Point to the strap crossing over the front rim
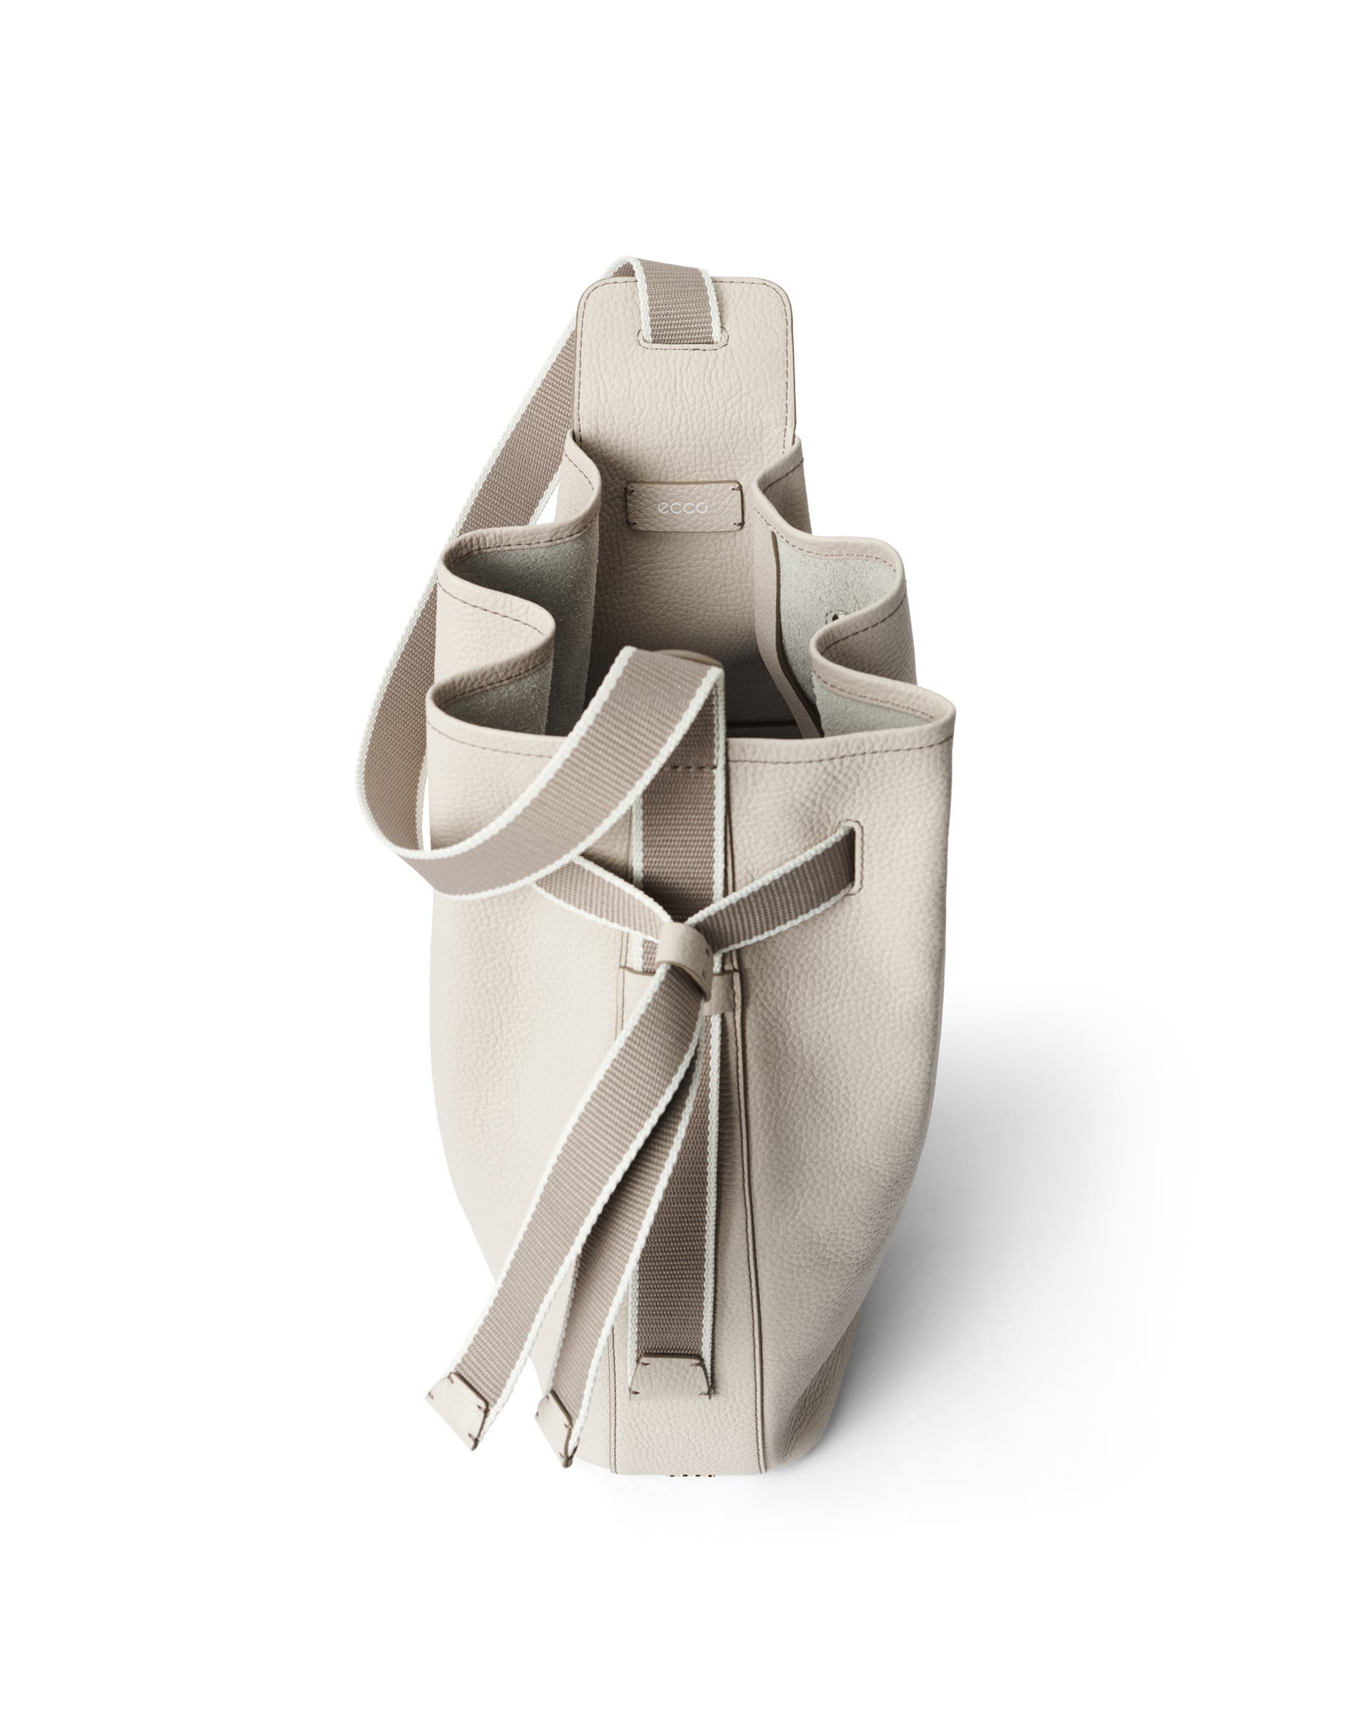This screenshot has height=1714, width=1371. pos(636,716)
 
